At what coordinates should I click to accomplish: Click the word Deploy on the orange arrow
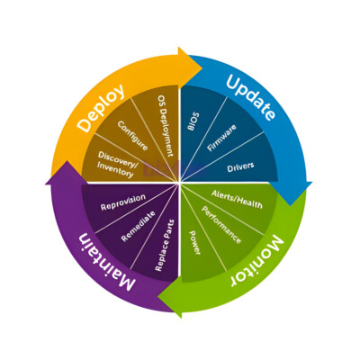tap(101, 108)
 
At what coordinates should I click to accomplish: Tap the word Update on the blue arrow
tap(250, 97)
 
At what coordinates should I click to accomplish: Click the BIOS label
tap(193, 121)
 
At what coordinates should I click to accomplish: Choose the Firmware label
tap(221, 138)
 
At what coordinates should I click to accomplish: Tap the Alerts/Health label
tap(237, 199)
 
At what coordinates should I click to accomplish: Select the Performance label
tap(221, 225)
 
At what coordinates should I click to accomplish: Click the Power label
tap(194, 243)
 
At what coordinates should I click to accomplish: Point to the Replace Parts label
tap(165, 245)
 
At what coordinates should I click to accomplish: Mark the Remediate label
tap(139, 226)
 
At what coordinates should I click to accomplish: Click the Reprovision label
tap(123, 202)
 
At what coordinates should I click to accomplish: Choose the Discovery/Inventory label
tap(117, 164)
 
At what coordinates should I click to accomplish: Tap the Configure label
tap(132, 136)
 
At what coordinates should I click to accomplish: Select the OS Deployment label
tap(166, 126)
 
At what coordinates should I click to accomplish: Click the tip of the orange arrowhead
tap(202, 68)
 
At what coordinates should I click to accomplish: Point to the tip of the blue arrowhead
tap(291, 205)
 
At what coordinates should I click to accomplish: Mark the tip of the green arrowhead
tap(158, 297)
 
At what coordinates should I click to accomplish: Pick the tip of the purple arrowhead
tap(67, 161)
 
